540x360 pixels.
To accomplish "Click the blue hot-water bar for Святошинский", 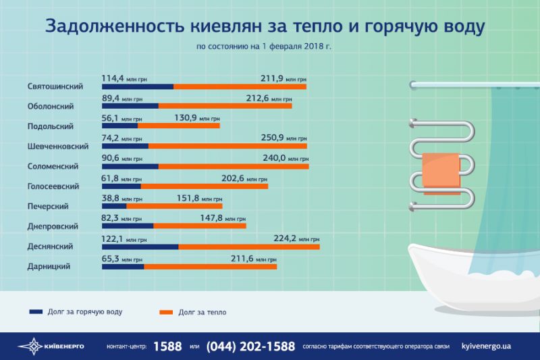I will click(138, 86).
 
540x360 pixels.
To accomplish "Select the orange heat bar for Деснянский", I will click(249, 247).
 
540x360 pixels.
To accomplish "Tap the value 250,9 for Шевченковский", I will click(276, 137).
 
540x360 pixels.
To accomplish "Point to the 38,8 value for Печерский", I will click(112, 199).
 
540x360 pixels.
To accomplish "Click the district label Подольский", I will click(51, 126).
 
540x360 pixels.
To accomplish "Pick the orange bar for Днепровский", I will click(200, 226).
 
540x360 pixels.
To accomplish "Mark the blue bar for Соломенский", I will click(130, 166).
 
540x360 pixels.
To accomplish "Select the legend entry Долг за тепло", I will click(202, 312).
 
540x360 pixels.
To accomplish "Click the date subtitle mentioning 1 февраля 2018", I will click(264, 47).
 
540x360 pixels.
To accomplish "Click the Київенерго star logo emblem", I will click(30, 346).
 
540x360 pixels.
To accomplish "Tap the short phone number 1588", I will click(168, 346).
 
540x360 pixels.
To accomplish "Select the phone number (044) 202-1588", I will click(250, 346).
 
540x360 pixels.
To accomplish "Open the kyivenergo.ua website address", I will click(486, 346).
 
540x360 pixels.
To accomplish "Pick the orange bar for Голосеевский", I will click(205, 186).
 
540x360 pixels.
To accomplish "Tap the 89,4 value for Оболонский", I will click(114, 98).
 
